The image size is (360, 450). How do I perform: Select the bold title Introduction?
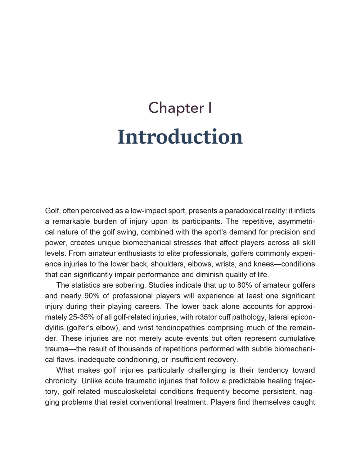pyautogui.click(x=180, y=137)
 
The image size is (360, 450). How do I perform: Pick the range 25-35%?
pyautogui.click(x=82, y=317)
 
